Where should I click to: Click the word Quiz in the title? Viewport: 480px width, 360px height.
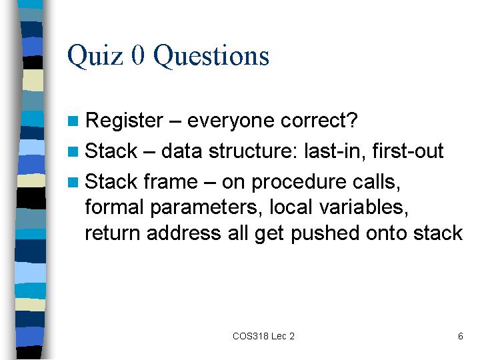click(95, 56)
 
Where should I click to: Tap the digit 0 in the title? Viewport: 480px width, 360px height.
click(138, 55)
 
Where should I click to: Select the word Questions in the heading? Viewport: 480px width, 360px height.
click(211, 56)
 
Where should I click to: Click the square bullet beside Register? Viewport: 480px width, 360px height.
click(73, 121)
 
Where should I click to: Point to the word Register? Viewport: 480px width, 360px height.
click(124, 121)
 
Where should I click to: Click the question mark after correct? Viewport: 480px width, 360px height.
click(353, 120)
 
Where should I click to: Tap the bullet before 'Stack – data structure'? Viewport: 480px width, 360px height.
click(73, 151)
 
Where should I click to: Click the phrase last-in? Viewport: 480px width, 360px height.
click(335, 151)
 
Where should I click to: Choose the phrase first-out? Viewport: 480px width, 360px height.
click(408, 151)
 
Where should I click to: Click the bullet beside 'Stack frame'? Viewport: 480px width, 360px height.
click(73, 182)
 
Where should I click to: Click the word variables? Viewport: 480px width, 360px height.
click(363, 207)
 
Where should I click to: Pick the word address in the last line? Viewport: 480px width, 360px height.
click(184, 233)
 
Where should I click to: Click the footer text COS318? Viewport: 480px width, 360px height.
click(251, 336)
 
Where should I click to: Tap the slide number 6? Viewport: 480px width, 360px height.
click(461, 336)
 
